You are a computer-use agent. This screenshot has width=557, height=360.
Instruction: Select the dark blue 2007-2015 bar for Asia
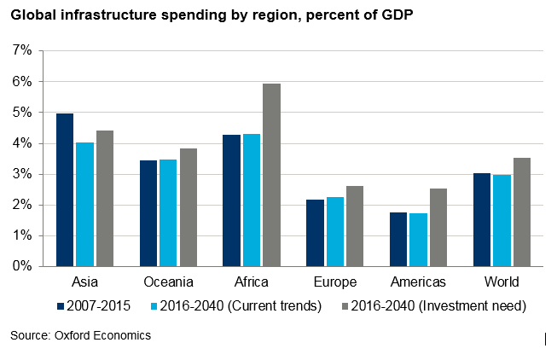[x=64, y=189]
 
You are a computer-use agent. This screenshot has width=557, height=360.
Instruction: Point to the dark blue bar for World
[x=482, y=219]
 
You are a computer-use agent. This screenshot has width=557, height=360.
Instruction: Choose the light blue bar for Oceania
[x=168, y=212]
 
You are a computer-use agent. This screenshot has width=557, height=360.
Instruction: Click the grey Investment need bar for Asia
[x=105, y=198]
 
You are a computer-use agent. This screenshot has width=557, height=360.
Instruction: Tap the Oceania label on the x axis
[x=167, y=282]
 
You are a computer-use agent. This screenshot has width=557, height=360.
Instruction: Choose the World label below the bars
[x=502, y=282]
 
